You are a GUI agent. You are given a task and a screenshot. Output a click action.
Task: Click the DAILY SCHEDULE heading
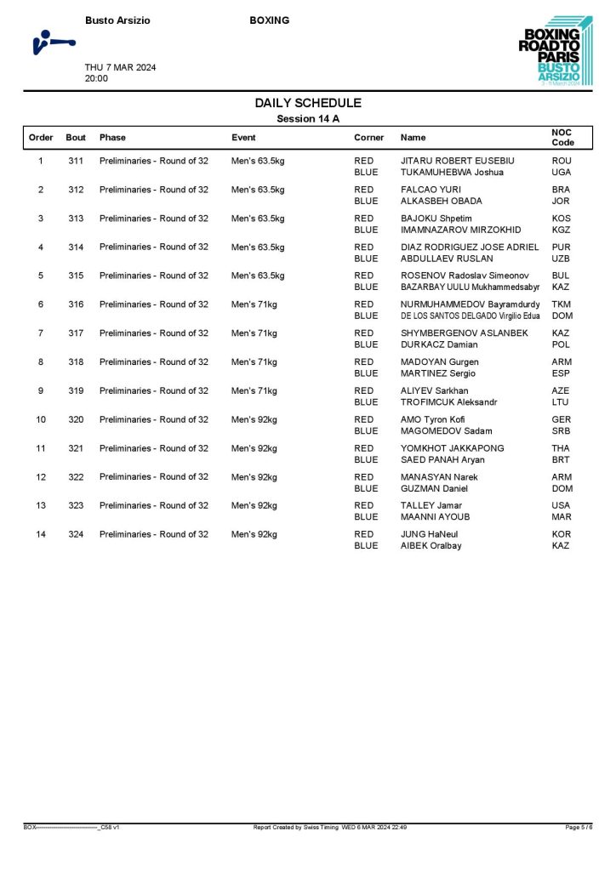click(x=308, y=103)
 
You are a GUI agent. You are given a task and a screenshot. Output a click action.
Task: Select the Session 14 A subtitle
click(x=308, y=119)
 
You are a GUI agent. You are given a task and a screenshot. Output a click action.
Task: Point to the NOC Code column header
click(x=563, y=137)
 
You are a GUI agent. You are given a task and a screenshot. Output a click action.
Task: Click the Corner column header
click(x=369, y=137)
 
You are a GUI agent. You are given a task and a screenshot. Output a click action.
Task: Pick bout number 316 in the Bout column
click(x=77, y=305)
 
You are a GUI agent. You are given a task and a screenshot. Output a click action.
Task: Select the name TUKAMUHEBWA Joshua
click(x=452, y=172)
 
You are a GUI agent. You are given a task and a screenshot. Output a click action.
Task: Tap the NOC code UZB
click(x=562, y=259)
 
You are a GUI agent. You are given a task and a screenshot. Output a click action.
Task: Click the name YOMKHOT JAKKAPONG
click(x=452, y=448)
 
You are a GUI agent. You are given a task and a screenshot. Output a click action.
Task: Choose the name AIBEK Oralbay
click(x=431, y=546)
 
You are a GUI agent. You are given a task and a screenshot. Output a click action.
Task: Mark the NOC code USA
click(x=562, y=505)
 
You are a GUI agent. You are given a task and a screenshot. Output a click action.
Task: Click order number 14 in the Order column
click(x=41, y=534)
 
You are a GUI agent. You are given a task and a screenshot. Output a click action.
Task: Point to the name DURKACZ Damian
click(x=439, y=344)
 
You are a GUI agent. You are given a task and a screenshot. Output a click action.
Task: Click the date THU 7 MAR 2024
click(x=120, y=67)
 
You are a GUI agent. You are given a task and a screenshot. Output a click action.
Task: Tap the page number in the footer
click(x=579, y=827)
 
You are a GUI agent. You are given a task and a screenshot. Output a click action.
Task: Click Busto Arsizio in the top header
click(x=118, y=20)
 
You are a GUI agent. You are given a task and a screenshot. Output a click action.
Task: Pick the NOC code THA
click(x=562, y=448)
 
